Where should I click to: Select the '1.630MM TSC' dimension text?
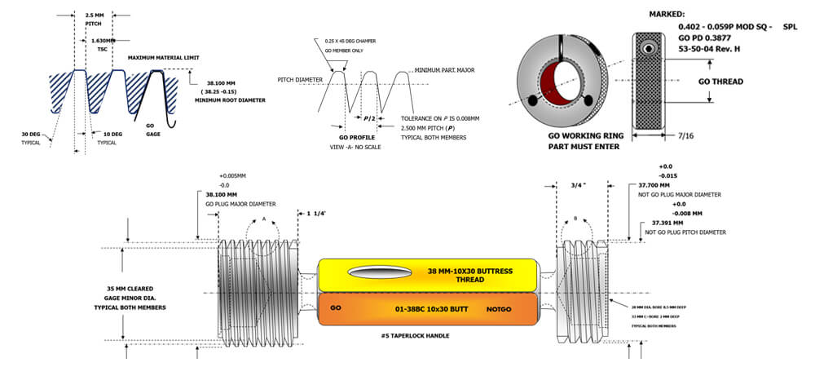[103, 45]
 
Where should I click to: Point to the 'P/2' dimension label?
[369, 118]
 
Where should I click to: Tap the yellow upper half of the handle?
[424, 274]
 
